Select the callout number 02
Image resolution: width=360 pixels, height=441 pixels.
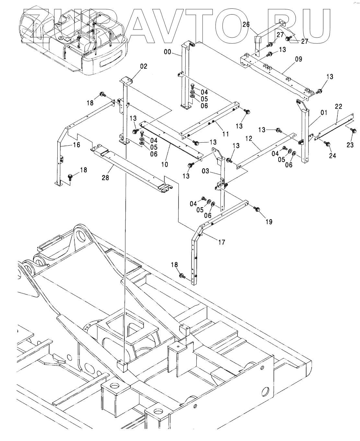pyautogui.click(x=144, y=66)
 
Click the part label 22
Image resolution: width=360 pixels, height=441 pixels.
pyautogui.click(x=338, y=107)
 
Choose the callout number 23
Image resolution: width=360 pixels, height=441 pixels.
pyautogui.click(x=350, y=145)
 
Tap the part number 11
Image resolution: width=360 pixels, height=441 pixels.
pyautogui.click(x=226, y=134)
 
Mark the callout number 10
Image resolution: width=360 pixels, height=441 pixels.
pyautogui.click(x=165, y=164)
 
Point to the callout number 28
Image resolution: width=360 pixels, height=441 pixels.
pyautogui.click(x=106, y=177)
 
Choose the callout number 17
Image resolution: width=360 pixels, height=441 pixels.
pyautogui.click(x=222, y=242)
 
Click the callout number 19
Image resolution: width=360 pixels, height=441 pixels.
pyautogui.click(x=269, y=222)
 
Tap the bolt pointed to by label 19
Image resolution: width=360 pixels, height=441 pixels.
pyautogui.click(x=258, y=209)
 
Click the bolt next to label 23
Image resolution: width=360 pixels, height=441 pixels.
pyautogui.click(x=354, y=131)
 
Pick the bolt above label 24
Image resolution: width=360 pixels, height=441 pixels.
pyautogui.click(x=327, y=143)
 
